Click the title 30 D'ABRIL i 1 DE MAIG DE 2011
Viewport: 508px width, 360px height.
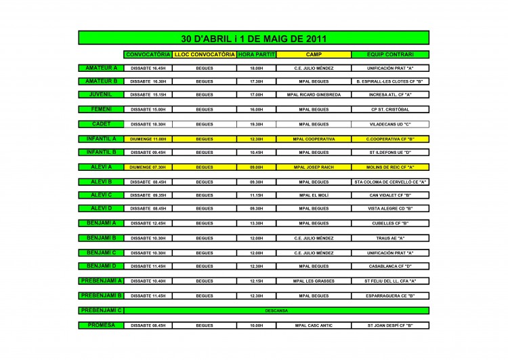(x=254, y=38)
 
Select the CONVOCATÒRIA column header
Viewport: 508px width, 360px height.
(x=148, y=54)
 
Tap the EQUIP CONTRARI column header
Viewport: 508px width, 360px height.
(x=389, y=54)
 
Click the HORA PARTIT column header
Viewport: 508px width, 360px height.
(x=256, y=54)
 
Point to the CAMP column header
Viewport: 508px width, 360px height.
(x=314, y=54)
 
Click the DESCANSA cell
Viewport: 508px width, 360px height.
(x=277, y=311)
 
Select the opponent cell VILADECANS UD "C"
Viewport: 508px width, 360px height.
(x=389, y=124)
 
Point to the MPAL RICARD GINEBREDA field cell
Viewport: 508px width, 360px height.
(x=314, y=95)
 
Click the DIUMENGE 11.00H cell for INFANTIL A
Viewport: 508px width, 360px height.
(x=148, y=138)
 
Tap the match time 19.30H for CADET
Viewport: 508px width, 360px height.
(x=256, y=124)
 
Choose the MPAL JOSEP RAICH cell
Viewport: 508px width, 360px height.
(x=314, y=167)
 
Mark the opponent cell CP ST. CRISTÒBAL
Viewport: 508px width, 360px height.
(x=389, y=109)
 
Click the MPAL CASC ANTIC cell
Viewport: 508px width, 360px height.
(x=314, y=325)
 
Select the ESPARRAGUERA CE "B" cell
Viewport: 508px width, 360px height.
(x=389, y=296)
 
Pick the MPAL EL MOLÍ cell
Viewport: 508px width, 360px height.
(x=314, y=195)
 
